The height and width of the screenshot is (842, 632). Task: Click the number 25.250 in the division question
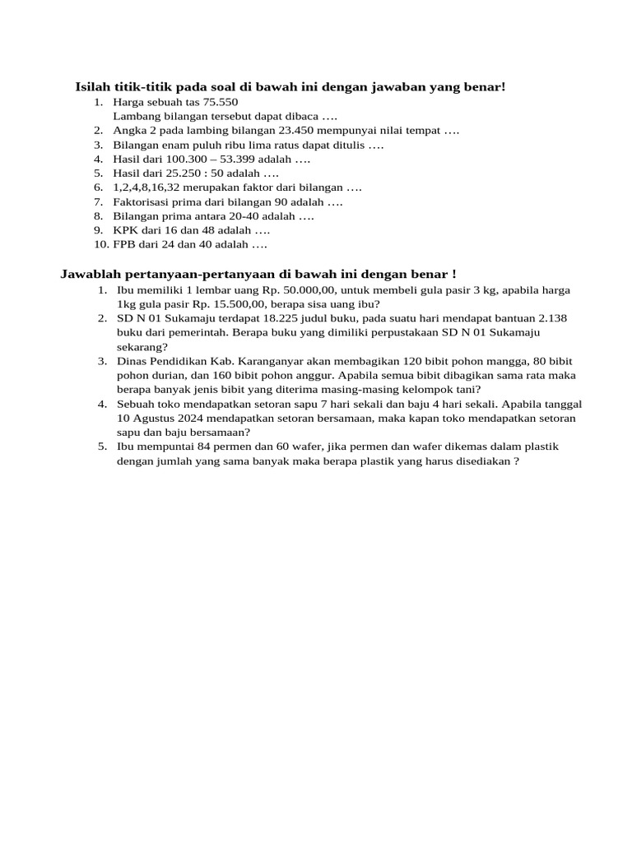pos(184,173)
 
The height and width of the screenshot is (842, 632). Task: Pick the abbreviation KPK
pos(126,230)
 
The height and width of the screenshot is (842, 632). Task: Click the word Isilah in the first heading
pos(93,86)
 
